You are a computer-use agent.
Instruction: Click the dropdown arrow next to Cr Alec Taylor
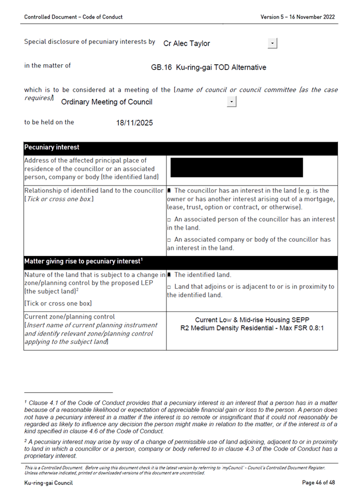(x=273, y=43)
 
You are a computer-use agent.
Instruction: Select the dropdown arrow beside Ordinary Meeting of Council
(x=232, y=102)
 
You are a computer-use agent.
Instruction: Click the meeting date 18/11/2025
(x=134, y=122)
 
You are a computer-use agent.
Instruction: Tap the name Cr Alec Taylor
(x=186, y=43)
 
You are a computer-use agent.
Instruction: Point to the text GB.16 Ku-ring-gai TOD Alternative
(x=208, y=68)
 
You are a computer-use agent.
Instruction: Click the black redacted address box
(x=236, y=168)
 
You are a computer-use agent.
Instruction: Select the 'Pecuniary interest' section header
(x=52, y=148)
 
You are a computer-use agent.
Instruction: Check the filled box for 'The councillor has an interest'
(x=170, y=191)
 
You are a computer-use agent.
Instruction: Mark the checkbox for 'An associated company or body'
(x=169, y=240)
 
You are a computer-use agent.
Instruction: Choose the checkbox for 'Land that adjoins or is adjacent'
(x=169, y=287)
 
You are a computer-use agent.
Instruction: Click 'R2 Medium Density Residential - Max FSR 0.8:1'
(x=252, y=328)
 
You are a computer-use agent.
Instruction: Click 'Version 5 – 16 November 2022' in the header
(x=297, y=17)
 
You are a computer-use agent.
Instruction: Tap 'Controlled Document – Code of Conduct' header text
(x=73, y=17)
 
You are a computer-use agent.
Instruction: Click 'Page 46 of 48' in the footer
(x=318, y=483)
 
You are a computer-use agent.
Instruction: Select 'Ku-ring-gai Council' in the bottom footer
(x=48, y=483)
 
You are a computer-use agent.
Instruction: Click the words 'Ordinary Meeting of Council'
(x=107, y=102)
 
